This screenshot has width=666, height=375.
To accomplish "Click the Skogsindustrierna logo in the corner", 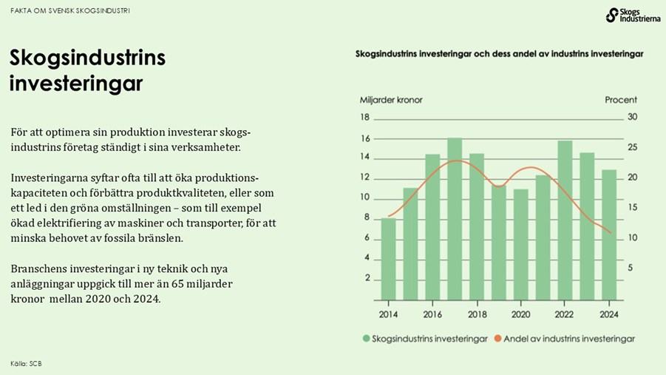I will point(633,15).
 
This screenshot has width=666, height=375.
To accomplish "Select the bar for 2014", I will point(389,259).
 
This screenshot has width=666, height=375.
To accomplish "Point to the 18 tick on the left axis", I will point(365,118).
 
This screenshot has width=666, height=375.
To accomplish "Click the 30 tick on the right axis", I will point(632,118).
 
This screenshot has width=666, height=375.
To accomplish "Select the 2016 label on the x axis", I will point(432,314).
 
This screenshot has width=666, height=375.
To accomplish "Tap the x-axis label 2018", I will point(477,314).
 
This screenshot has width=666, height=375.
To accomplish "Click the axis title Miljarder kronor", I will point(391,100).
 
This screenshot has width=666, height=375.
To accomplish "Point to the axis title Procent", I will point(620,100).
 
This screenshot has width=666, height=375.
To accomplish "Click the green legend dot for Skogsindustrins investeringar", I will point(366,339).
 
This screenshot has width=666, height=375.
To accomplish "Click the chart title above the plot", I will point(499,54).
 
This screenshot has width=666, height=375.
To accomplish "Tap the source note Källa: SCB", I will point(26,363).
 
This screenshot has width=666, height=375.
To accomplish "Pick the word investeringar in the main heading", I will point(75,84).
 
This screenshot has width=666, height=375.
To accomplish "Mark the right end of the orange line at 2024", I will point(611,233).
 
